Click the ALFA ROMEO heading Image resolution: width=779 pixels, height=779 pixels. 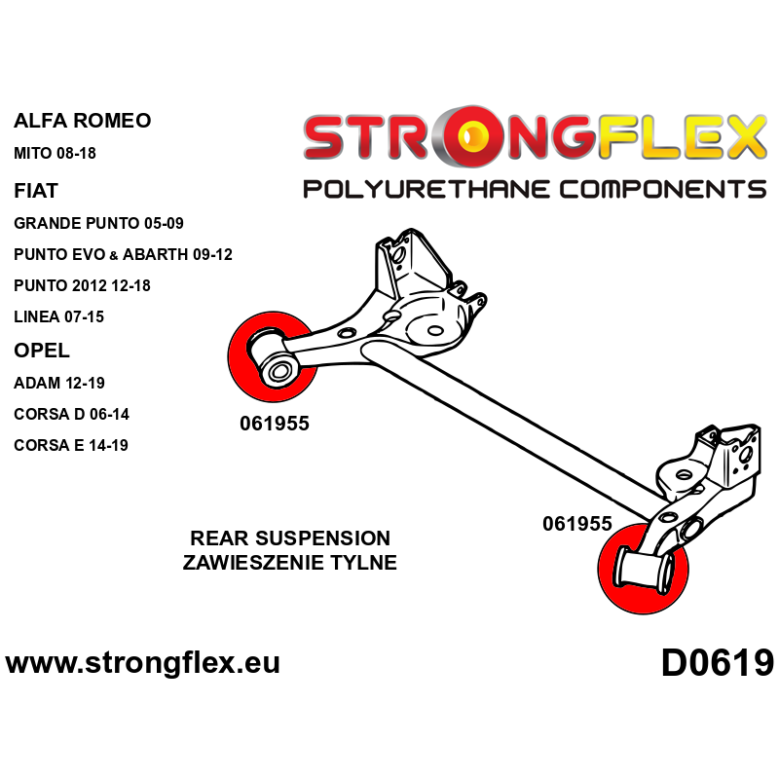(82, 122)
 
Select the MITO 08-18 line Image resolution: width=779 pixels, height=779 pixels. (56, 154)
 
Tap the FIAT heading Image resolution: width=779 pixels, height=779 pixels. (37, 190)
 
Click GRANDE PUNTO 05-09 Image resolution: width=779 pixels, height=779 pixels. (98, 223)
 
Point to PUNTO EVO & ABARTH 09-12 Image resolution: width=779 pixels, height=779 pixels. (123, 255)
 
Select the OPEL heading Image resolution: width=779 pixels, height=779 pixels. (42, 351)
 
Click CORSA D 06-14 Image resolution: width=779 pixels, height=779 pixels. (71, 414)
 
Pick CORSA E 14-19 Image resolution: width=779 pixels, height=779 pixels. (71, 445)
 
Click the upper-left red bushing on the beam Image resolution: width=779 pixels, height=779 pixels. (270, 357)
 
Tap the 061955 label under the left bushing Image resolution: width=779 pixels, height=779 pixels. (274, 424)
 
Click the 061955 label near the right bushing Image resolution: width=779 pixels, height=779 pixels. (577, 524)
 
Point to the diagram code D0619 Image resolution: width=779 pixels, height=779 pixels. (717, 663)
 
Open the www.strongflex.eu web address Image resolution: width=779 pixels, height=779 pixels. (143, 663)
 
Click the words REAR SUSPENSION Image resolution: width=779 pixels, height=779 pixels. (290, 538)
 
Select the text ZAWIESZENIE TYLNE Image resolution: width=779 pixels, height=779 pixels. (290, 562)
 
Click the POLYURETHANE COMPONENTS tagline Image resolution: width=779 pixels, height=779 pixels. (534, 188)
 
